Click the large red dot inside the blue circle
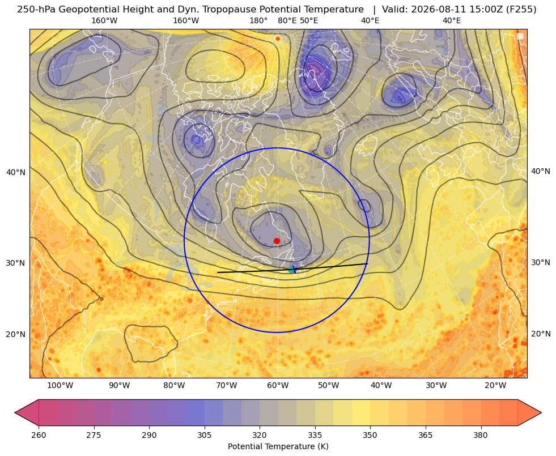tap(277, 241)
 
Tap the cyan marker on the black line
tap(291, 270)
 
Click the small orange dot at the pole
tap(278, 39)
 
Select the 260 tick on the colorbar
tap(39, 434)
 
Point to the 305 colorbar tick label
tap(205, 434)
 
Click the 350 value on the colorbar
tap(370, 434)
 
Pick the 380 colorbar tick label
tap(481, 434)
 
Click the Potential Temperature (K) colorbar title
tap(278, 446)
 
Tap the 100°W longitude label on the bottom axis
tap(60, 386)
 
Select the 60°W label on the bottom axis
tap(278, 386)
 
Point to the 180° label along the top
tap(258, 20)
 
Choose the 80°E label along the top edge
tap(287, 20)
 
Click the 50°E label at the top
tap(309, 20)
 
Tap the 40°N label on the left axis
tap(16, 172)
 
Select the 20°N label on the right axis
tap(541, 334)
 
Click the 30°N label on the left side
tap(16, 263)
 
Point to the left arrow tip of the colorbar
tap(15, 412)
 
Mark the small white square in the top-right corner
tap(520, 36)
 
